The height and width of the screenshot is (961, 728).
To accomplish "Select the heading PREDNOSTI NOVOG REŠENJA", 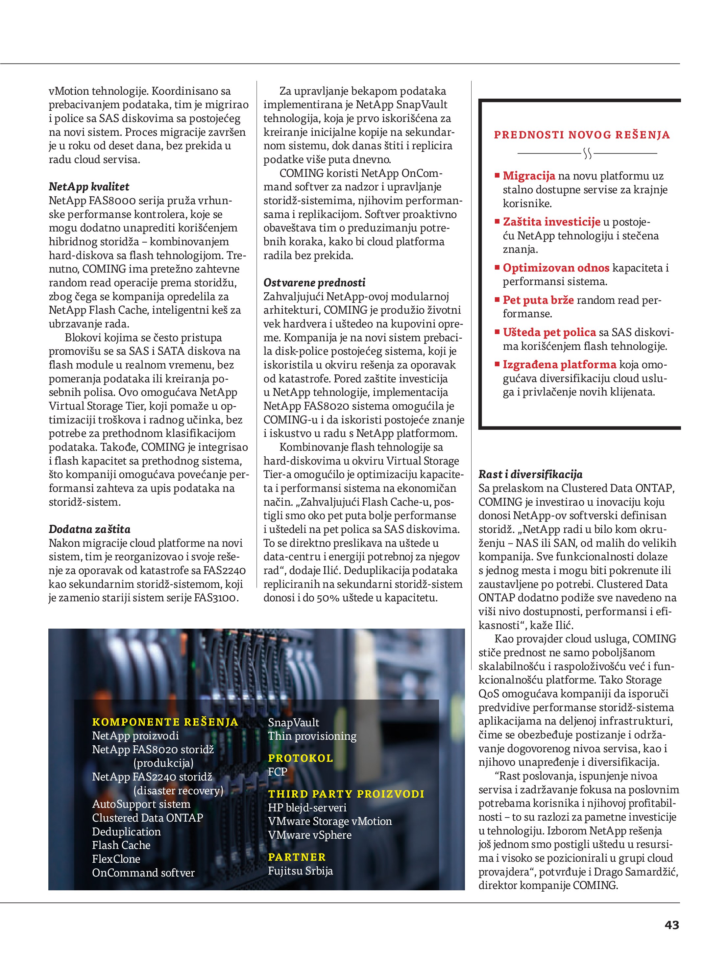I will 582,135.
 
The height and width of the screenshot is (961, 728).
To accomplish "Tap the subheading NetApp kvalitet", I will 89,187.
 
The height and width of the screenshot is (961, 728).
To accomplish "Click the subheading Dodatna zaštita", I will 89,529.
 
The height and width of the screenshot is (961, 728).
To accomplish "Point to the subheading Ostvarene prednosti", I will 314,283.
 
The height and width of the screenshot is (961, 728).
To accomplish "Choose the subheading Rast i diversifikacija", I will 530,474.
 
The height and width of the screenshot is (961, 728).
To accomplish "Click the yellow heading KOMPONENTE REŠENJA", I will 165,722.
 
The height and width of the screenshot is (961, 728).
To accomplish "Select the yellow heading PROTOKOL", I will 300,758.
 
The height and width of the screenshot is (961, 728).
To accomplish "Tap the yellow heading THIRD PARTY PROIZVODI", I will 346,794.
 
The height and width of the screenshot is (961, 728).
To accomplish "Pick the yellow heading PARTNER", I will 297,857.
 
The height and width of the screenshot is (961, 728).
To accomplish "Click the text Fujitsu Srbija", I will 300,871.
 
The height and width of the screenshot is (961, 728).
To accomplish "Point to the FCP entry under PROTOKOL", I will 277,772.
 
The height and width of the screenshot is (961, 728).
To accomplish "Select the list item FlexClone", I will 116,859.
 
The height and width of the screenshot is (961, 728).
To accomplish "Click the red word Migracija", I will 529,176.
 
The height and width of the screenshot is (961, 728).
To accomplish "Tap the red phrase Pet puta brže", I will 538,300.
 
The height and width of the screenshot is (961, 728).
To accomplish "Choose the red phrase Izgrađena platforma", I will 559,365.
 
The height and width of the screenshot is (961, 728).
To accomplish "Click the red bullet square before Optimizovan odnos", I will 497,268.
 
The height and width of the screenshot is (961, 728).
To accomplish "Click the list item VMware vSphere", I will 309,835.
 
